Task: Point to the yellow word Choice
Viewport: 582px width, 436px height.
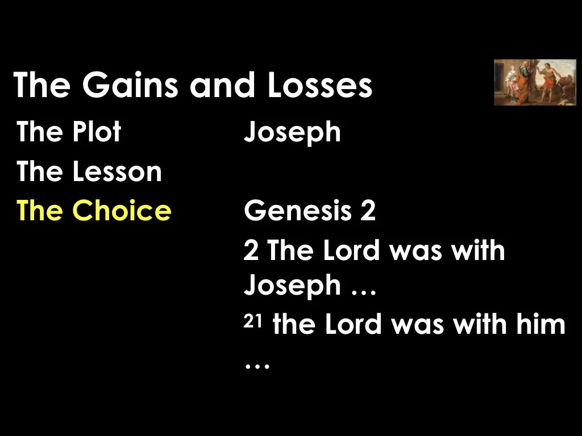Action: pos(122,211)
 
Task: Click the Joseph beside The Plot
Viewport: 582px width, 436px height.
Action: pos(292,133)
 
